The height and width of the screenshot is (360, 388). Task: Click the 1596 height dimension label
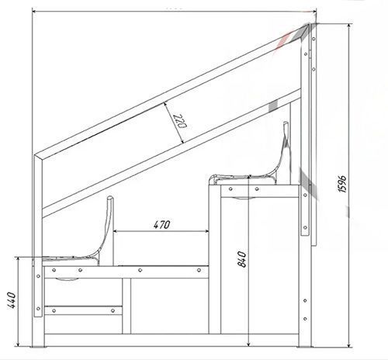tap(342, 184)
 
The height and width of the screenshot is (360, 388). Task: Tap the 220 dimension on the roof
tap(180, 121)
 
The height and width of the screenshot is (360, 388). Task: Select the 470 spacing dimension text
tap(161, 224)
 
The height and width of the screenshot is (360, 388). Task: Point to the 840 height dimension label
tap(242, 259)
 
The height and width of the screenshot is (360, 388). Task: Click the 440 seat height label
tap(12, 300)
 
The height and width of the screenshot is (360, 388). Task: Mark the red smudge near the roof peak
tap(283, 40)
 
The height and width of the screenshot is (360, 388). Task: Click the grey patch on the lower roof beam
tap(273, 106)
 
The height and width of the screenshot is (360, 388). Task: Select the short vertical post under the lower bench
tap(126, 306)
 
